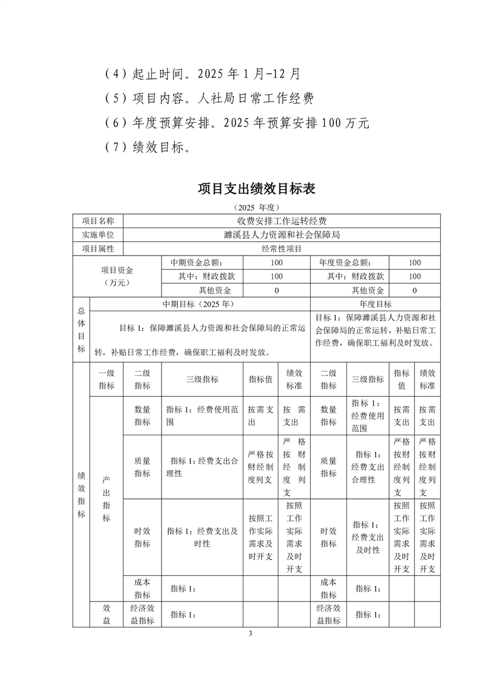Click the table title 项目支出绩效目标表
[x=256, y=188]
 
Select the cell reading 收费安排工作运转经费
[x=281, y=221]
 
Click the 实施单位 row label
[x=98, y=235]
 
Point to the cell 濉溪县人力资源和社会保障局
[x=281, y=235]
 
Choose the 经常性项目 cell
[x=281, y=249]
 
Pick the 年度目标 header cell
[x=376, y=304]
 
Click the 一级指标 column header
[x=106, y=379]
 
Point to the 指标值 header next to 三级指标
[x=260, y=379]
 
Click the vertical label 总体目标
[x=81, y=330]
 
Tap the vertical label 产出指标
[x=106, y=498]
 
